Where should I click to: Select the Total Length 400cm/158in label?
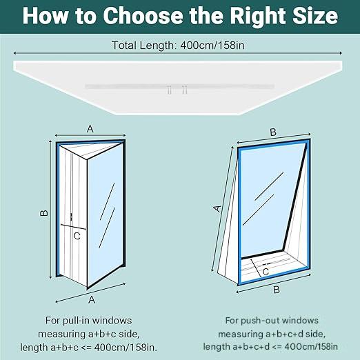(178, 45)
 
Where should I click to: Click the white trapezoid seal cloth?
(178, 88)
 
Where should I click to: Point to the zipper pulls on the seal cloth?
(177, 89)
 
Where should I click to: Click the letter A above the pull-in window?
(90, 129)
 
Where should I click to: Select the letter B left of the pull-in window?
(44, 213)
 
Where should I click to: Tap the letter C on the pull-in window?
(77, 236)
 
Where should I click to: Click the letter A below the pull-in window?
(92, 299)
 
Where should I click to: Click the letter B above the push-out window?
(273, 132)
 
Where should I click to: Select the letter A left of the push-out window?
(217, 208)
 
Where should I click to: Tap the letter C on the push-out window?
(266, 272)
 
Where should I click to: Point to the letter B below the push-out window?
(277, 290)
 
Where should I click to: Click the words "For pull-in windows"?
(88, 321)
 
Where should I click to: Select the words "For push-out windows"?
(272, 321)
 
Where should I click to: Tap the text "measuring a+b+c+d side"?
(272, 334)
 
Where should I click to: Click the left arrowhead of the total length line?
(15, 53)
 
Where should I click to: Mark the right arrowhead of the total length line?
(341, 53)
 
